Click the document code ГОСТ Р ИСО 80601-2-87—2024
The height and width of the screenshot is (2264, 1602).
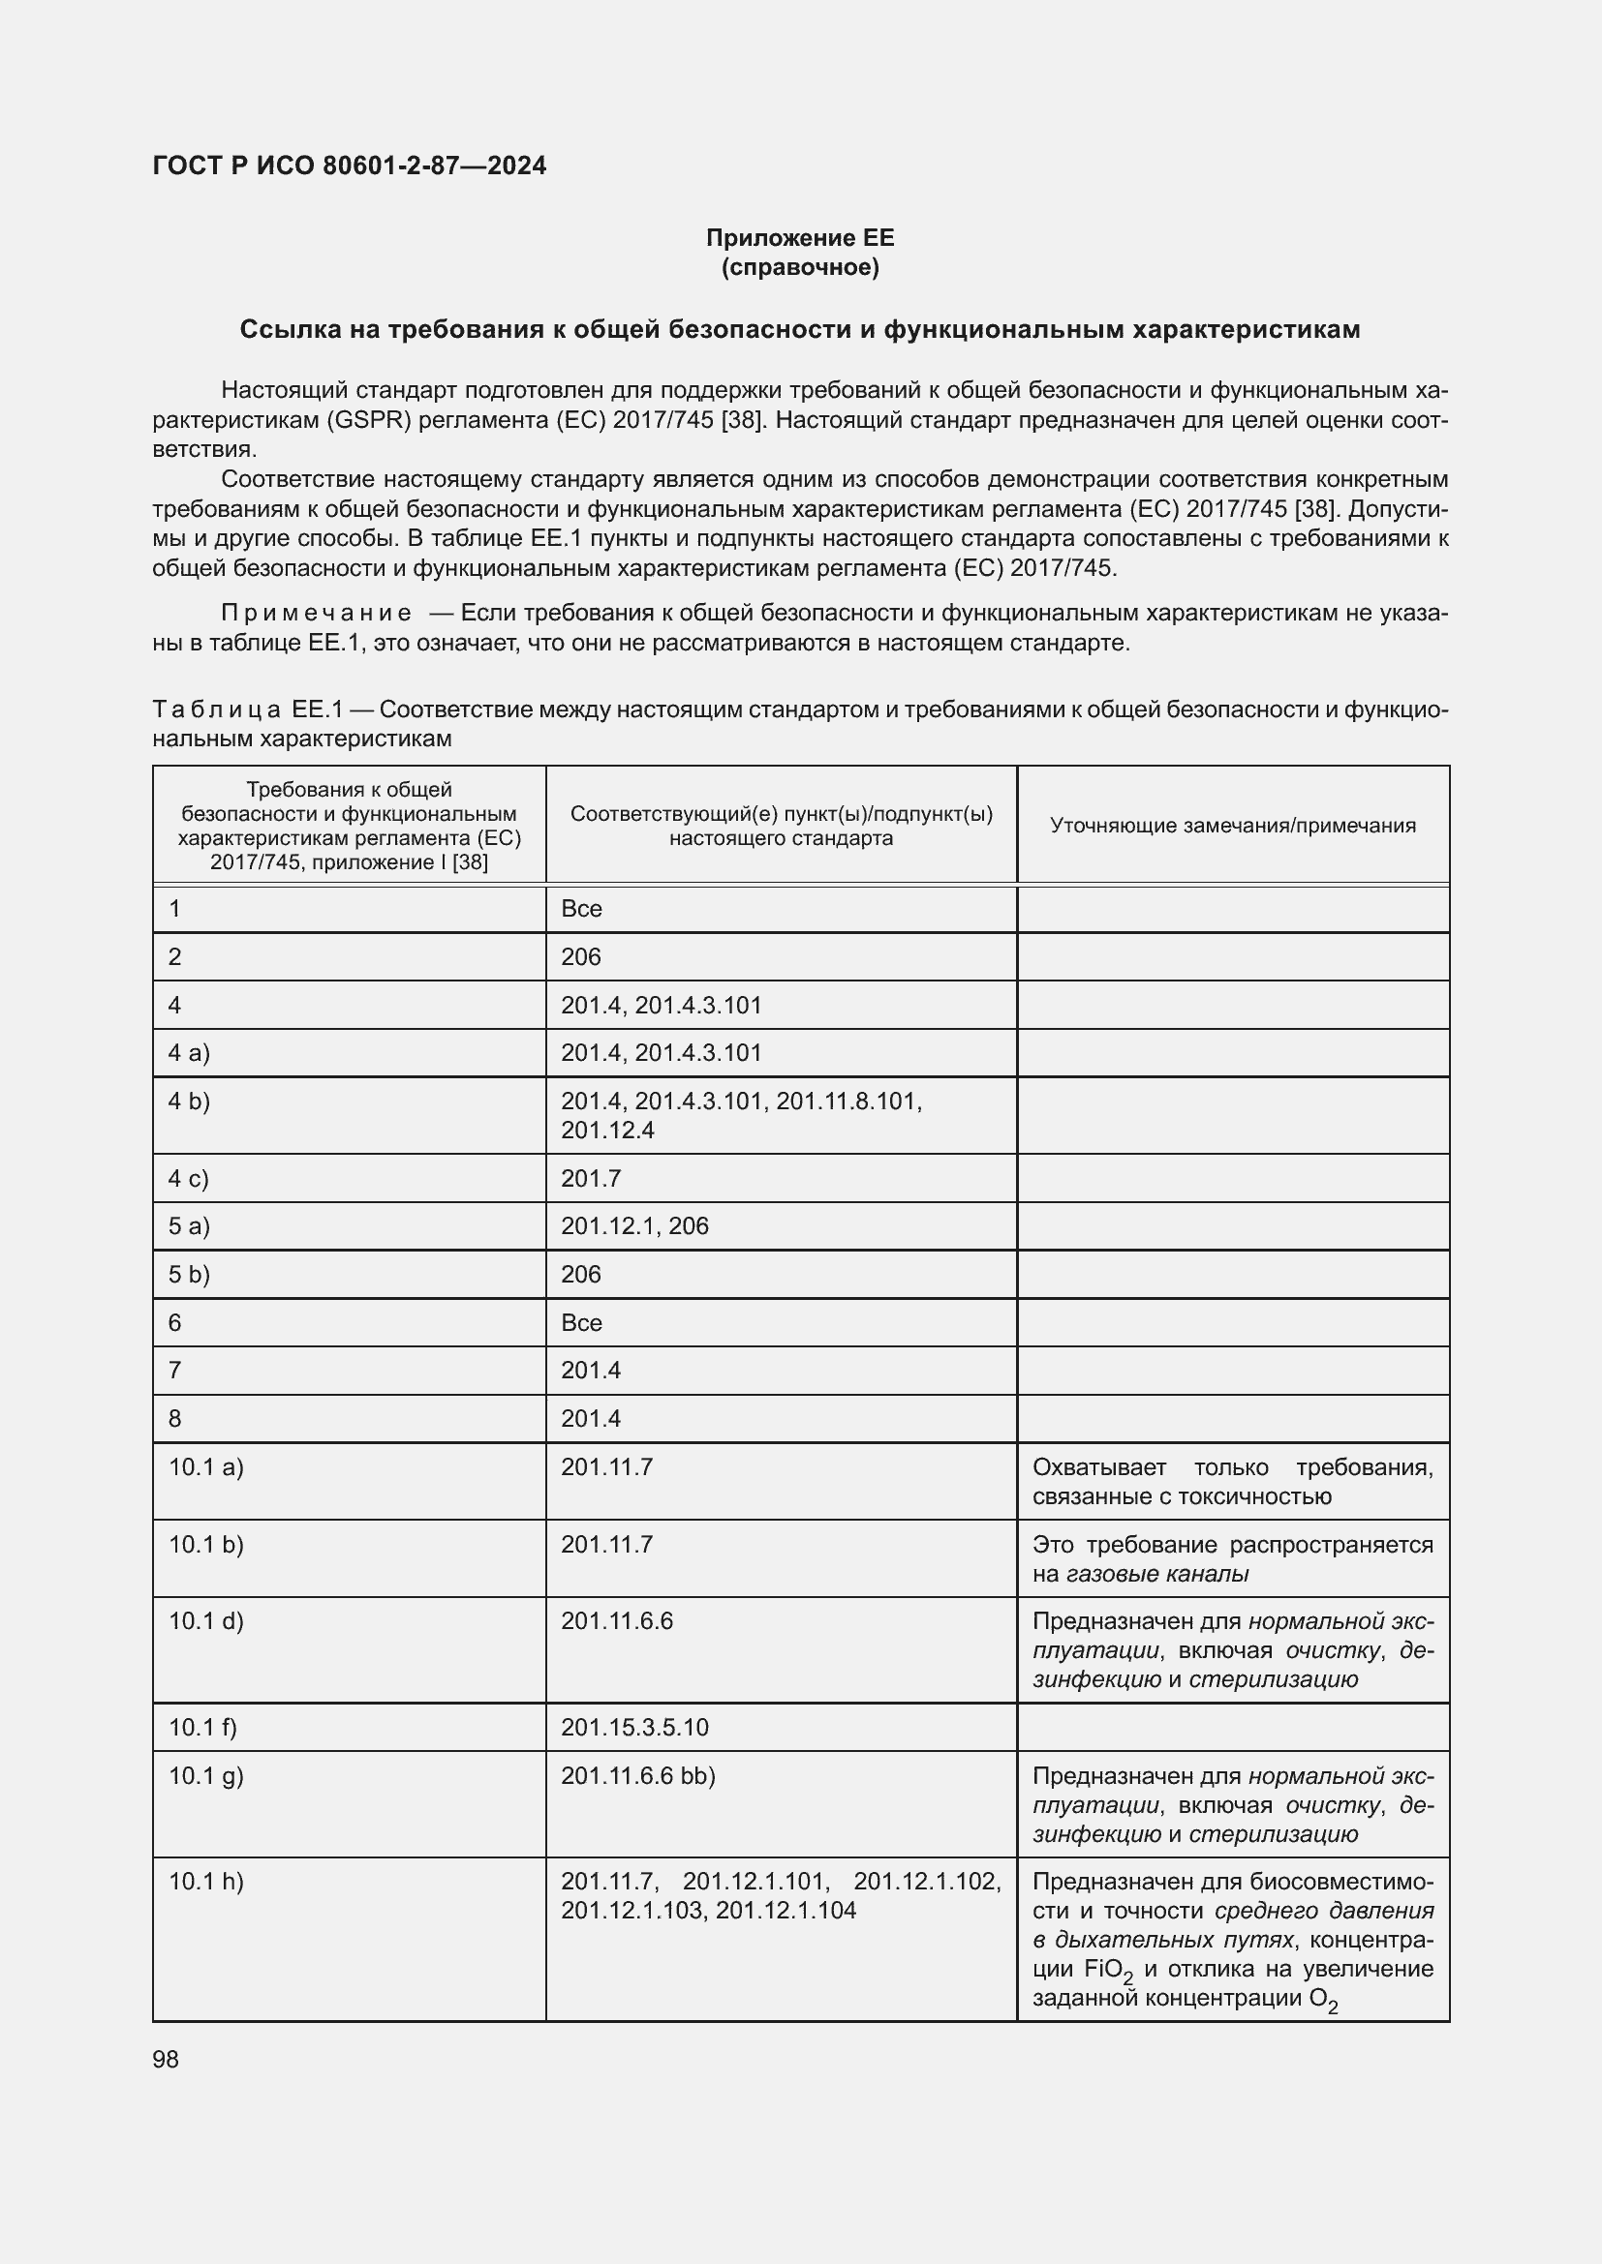coord(350,166)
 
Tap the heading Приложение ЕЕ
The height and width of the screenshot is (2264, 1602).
coord(800,238)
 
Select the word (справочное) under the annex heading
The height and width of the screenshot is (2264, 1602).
coord(800,267)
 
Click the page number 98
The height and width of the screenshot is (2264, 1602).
coord(166,2059)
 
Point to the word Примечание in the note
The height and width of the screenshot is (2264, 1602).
coord(317,614)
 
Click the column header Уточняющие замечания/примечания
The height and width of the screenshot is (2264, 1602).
coord(1232,826)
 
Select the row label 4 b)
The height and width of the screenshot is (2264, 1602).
coord(190,1102)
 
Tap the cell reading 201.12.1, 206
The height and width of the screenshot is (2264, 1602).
coord(634,1225)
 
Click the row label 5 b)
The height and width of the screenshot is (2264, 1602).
coord(190,1274)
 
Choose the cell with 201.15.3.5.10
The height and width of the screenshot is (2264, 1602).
coord(634,1728)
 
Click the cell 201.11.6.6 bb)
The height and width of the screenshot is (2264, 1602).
coord(638,1776)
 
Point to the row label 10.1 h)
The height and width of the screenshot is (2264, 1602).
coord(206,1882)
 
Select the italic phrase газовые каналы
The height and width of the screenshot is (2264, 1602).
coord(1158,1574)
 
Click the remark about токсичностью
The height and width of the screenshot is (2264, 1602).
coord(1232,1481)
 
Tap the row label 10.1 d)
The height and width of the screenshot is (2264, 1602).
coord(206,1621)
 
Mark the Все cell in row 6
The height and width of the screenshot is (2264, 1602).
coord(581,1322)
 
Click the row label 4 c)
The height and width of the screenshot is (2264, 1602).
coord(189,1178)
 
